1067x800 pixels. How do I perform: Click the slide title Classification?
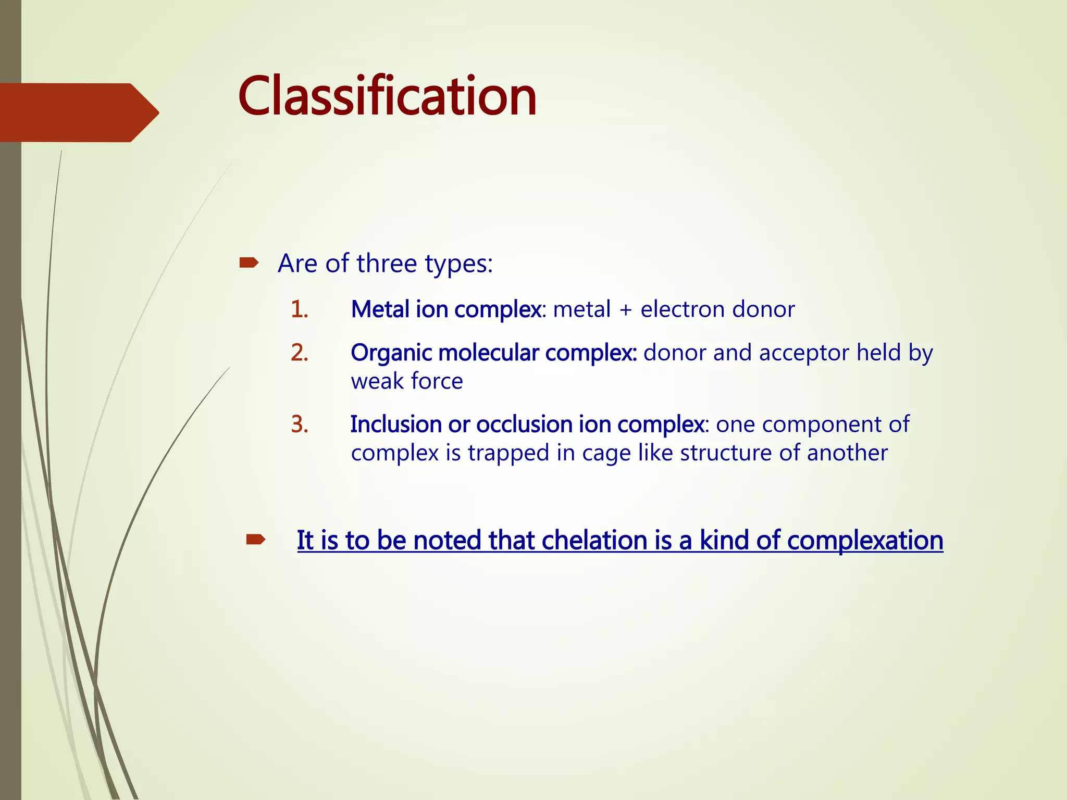pyautogui.click(x=387, y=96)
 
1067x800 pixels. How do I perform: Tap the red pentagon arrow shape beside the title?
pyautogui.click(x=78, y=113)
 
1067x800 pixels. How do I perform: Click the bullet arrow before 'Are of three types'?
pyautogui.click(x=249, y=263)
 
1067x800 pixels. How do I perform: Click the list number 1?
pyautogui.click(x=300, y=309)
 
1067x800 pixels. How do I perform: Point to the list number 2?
pyautogui.click(x=300, y=353)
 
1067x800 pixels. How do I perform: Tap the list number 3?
pyautogui.click(x=300, y=424)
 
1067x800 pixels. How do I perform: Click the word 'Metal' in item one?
pyautogui.click(x=380, y=309)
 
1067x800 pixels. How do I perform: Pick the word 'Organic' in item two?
pyautogui.click(x=391, y=353)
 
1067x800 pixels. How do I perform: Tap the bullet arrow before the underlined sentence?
pyautogui.click(x=256, y=540)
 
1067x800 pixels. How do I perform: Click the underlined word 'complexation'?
pyautogui.click(x=865, y=540)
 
